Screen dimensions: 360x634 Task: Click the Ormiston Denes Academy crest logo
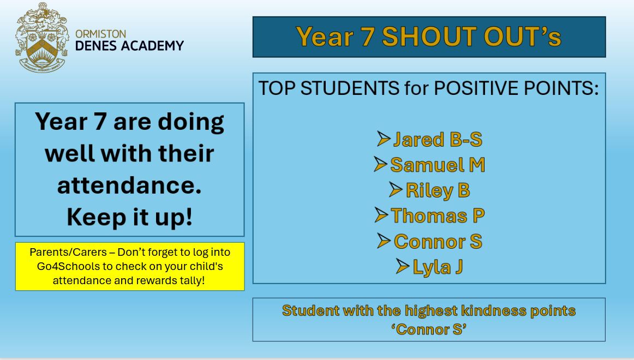coord(42,38)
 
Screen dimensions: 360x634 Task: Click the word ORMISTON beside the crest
coord(101,34)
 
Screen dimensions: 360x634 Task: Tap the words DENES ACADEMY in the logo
coord(129,46)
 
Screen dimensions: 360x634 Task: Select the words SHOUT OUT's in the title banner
coord(471,37)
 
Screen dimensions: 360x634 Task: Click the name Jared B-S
coord(438,140)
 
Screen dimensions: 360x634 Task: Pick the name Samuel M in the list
coord(438,165)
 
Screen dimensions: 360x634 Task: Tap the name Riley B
coord(438,190)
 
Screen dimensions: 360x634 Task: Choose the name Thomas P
coord(438,215)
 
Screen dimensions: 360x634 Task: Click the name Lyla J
coord(438,267)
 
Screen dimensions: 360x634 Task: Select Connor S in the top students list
coord(438,241)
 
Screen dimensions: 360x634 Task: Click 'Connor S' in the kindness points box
coord(429,329)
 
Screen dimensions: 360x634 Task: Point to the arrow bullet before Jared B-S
coord(384,139)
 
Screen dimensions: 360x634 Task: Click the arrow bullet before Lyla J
coord(403,266)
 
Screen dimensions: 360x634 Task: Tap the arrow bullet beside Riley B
coord(396,190)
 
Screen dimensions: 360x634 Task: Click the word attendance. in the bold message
coord(129,185)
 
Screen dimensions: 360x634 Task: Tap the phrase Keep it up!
coord(129,217)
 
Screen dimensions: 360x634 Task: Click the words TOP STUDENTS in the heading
coord(329,88)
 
